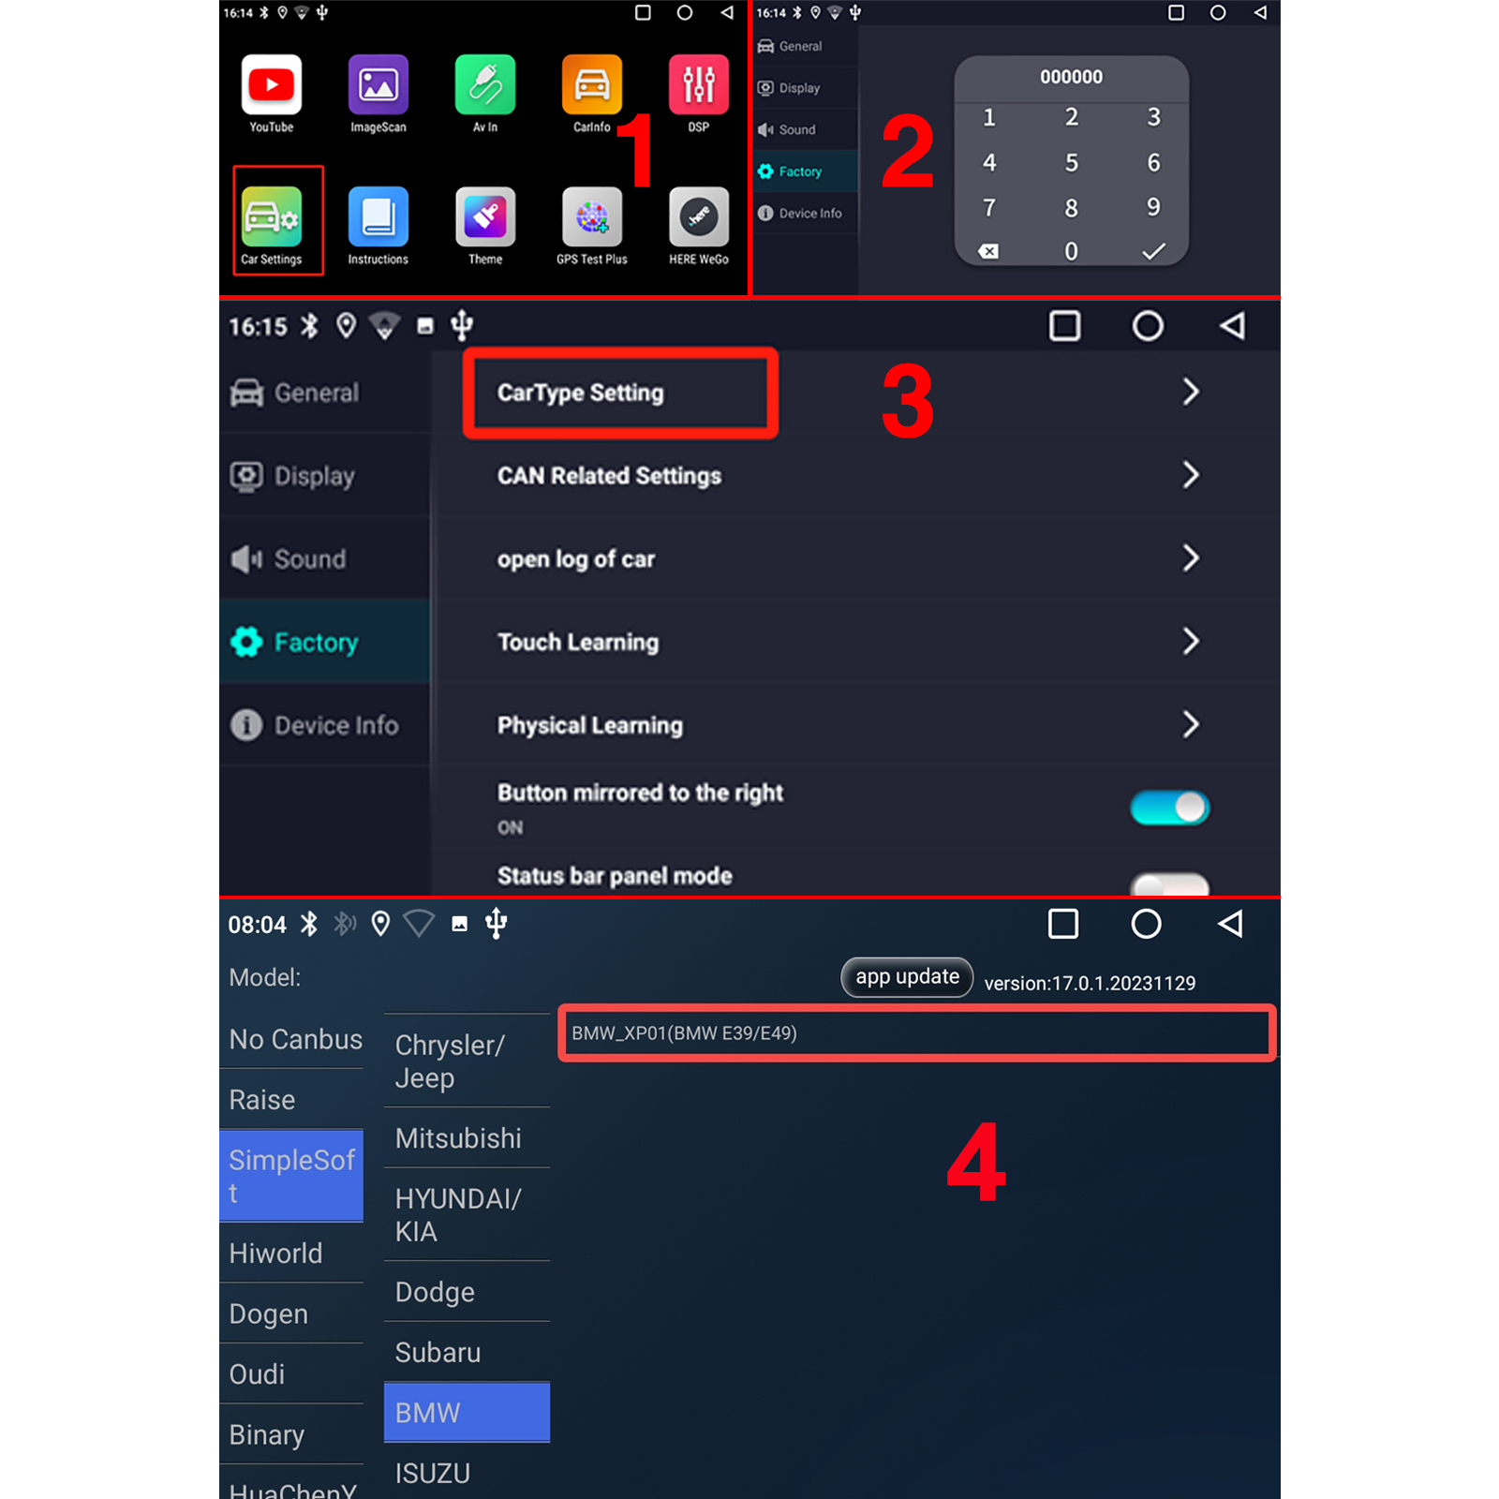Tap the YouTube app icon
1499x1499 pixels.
pos(272,84)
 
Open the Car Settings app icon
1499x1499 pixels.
pos(272,216)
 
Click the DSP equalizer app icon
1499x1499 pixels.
pos(699,84)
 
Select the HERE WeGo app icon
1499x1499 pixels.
pos(699,216)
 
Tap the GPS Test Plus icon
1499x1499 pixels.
pos(592,216)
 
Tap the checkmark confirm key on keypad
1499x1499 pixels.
pos(1154,251)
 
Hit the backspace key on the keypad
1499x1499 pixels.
pos(988,251)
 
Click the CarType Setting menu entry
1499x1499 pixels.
pos(580,393)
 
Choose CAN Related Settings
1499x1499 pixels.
pos(609,476)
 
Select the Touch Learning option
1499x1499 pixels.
pos(578,642)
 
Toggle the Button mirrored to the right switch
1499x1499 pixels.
pos(1170,808)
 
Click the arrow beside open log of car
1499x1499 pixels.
pos(1191,558)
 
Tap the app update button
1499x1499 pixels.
pos(907,977)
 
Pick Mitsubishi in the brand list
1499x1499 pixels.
pos(458,1138)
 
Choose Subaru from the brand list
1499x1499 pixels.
pos(438,1353)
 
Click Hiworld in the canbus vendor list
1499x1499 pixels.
pos(275,1254)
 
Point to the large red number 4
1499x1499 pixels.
pos(976,1163)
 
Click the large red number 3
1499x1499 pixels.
pos(908,402)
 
